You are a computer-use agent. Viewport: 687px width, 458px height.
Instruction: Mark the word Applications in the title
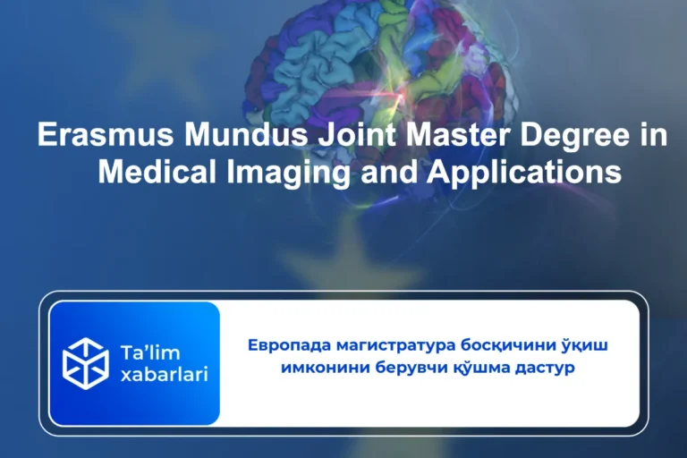point(524,171)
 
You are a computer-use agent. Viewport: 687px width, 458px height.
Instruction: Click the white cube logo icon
point(86,363)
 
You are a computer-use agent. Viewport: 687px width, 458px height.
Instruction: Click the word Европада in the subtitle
point(285,345)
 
